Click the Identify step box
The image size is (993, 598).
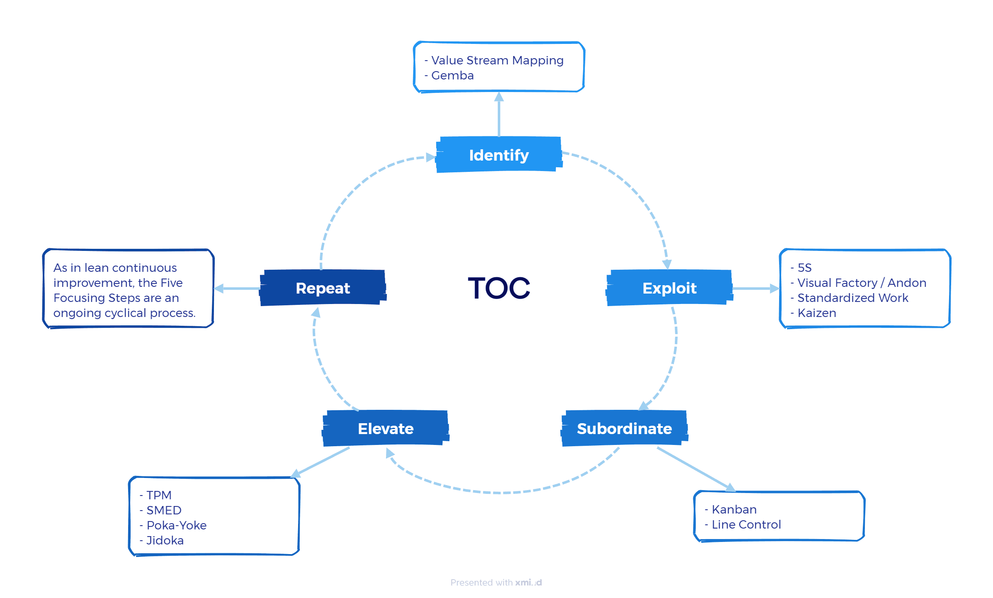click(499, 155)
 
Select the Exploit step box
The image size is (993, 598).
click(669, 288)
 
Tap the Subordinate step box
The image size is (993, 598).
click(624, 429)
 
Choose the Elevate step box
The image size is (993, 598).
click(386, 429)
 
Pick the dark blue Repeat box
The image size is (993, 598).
click(323, 288)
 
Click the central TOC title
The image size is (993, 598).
click(499, 288)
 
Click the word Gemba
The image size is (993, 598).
click(452, 76)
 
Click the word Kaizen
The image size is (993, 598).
click(816, 313)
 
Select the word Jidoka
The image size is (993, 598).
click(165, 540)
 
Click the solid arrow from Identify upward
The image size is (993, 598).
click(499, 115)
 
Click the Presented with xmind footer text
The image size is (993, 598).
click(496, 583)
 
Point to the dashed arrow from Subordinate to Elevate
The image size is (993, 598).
click(498, 492)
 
